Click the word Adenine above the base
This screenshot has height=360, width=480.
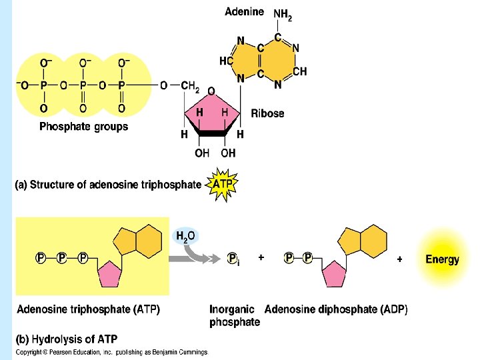coord(245,11)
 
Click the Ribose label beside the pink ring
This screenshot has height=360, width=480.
coord(267,113)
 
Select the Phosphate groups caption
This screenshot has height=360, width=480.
coord(83,126)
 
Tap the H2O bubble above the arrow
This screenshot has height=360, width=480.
coord(185,236)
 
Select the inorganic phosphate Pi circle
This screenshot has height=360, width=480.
coord(233,259)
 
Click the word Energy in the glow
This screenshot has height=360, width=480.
coord(442,259)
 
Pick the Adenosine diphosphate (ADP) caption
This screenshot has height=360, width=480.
coord(336,309)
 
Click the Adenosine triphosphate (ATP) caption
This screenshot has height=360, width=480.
coord(88,309)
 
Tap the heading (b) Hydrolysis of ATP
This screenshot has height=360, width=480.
coord(66,339)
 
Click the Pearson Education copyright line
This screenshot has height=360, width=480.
coord(111,352)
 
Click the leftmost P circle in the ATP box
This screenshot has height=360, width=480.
coord(41,257)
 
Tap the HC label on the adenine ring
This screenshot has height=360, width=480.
coord(226,61)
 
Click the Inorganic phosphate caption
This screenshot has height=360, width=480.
coord(234,316)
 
